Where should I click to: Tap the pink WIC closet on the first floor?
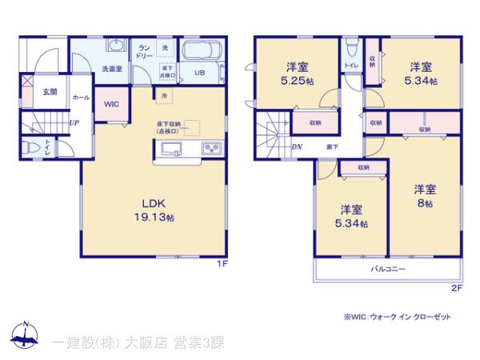(111, 103)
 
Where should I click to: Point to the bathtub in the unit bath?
(204, 51)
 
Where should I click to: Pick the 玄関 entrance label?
(50, 92)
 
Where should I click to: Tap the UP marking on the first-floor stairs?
(74, 122)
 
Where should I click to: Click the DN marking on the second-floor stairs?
(297, 146)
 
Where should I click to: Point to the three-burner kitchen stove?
(212, 148)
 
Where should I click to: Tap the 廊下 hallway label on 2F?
(331, 146)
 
